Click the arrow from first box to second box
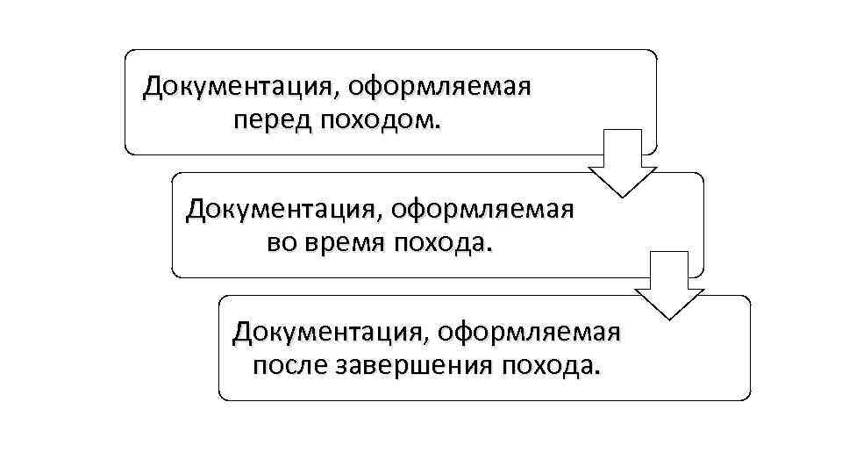point(622,163)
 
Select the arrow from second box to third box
point(669,286)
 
